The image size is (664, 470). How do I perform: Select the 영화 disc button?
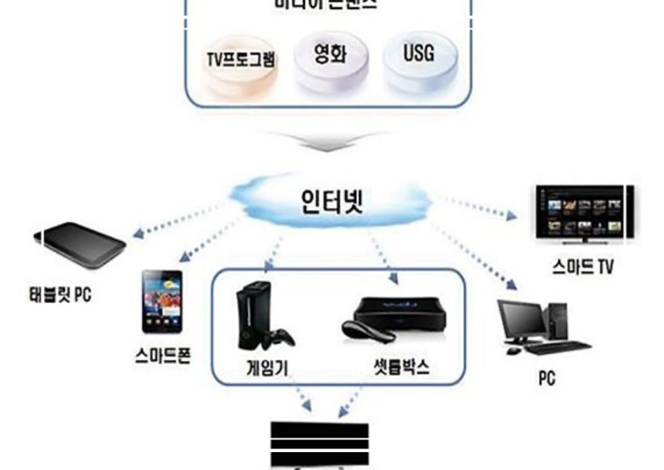click(x=330, y=61)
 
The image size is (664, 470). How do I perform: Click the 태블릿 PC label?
click(x=55, y=297)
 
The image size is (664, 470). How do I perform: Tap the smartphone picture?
click(x=162, y=301)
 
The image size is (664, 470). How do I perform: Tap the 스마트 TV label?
click(x=582, y=267)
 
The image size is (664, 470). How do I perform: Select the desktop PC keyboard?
click(x=558, y=348)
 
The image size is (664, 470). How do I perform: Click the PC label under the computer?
click(x=546, y=378)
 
